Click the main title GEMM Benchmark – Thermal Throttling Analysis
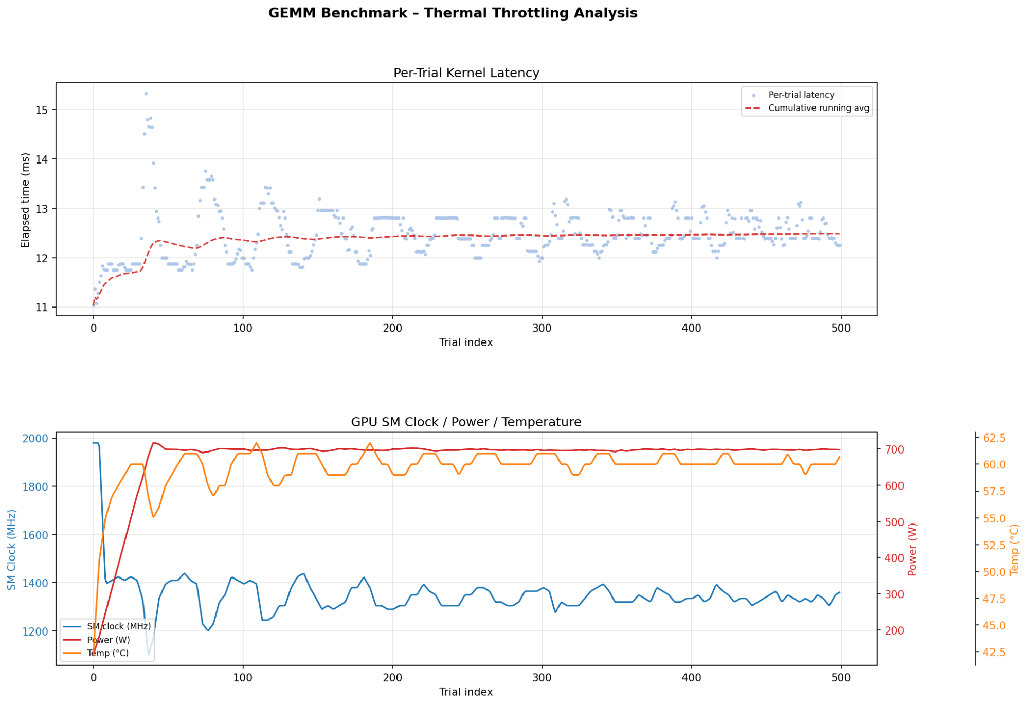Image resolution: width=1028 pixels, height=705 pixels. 453,13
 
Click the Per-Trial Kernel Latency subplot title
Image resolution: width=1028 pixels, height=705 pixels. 466,73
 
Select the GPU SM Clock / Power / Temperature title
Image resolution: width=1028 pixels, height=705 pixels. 466,422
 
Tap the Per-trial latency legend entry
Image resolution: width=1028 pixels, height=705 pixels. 801,95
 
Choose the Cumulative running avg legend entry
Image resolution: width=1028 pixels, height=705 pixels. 818,109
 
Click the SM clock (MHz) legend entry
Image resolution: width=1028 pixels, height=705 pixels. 118,627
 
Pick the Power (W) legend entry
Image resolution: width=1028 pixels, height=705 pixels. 108,640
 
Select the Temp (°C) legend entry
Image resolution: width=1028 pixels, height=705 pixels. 107,654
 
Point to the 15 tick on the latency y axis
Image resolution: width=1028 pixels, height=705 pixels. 42,110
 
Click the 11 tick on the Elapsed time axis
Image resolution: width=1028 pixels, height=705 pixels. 42,308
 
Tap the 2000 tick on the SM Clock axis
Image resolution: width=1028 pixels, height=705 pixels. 35,439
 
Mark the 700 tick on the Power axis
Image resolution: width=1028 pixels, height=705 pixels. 894,450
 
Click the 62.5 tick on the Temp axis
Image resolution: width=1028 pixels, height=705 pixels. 994,438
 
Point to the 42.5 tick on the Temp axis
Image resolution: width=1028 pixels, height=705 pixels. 994,653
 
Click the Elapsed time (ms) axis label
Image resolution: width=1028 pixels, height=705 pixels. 25,200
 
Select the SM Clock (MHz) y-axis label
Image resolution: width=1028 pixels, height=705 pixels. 12,550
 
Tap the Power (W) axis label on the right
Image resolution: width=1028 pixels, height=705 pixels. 913,550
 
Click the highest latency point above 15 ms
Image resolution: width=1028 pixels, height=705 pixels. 146,94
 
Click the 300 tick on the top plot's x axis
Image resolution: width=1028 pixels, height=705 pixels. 542,329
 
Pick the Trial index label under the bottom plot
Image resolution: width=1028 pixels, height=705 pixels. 466,692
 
